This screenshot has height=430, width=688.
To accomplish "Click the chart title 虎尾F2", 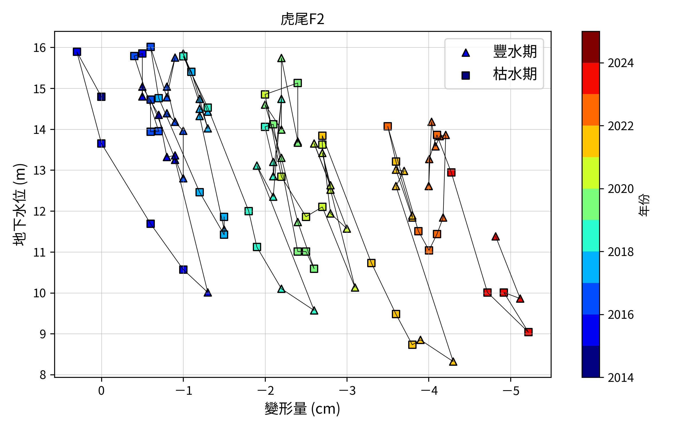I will [302, 19].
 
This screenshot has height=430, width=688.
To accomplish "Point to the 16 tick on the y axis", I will [40, 48].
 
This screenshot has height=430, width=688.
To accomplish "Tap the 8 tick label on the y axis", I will [43, 375].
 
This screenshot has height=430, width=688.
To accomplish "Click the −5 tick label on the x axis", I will [511, 391].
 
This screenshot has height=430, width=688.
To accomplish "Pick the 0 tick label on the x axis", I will [101, 391].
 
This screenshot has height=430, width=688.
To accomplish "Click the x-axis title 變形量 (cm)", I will [302, 409].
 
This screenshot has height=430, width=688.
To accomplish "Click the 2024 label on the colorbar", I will [621, 63].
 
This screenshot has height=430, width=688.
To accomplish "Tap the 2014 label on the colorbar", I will [621, 378].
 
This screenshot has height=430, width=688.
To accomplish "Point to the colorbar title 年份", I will [644, 204].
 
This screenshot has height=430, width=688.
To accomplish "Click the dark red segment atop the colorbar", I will [591, 47].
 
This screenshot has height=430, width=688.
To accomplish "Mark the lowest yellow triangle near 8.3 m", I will [453, 362].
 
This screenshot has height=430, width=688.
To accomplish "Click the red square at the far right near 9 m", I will [528, 332].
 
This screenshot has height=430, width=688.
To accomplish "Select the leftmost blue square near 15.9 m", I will [77, 52].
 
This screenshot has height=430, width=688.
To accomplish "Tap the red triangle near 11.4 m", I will [495, 237].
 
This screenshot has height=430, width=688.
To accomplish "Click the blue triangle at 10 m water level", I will [208, 293].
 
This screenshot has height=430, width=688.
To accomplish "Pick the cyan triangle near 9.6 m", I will [314, 311].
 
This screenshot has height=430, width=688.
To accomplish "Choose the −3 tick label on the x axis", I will [347, 391].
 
